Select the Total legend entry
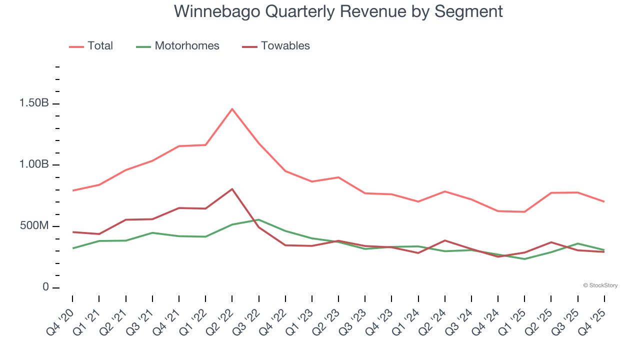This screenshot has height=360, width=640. (100, 46)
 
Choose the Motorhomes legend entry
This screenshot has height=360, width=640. (186, 46)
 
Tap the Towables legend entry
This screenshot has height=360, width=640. (285, 46)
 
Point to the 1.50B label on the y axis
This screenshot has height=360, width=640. (34, 103)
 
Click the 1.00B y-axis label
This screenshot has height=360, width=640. (34, 165)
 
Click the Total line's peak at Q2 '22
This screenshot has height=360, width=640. (232, 109)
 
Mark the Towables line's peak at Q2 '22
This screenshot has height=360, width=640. (232, 189)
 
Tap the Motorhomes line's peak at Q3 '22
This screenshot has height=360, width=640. (258, 219)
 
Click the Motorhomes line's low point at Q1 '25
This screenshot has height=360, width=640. (524, 259)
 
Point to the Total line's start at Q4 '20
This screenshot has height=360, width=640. (72, 190)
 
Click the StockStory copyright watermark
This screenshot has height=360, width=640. (600, 285)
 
